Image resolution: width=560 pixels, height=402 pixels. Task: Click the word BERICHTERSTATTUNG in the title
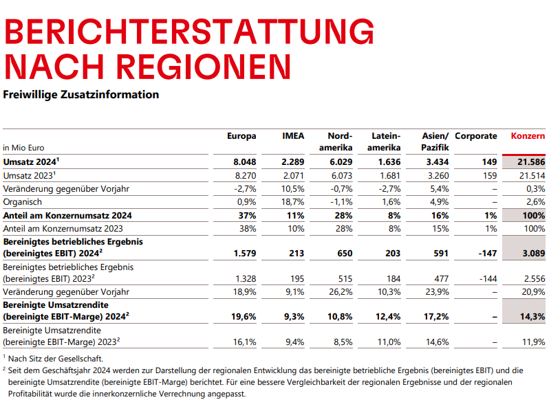coord(189,32)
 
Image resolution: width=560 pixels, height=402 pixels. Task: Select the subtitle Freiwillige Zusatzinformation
coord(81,94)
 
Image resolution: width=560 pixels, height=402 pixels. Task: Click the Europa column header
coord(241,136)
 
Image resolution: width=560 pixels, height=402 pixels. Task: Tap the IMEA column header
coord(293,136)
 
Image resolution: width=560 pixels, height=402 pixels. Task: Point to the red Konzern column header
coord(528,136)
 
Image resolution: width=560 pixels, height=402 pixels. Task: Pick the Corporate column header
coord(476,136)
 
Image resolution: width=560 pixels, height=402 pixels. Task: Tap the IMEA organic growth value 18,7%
coord(293,202)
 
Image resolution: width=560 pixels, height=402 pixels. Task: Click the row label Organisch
coord(23,202)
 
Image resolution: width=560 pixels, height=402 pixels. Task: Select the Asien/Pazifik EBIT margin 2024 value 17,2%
coord(436,317)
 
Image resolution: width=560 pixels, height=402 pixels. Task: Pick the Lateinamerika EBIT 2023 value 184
coord(392,278)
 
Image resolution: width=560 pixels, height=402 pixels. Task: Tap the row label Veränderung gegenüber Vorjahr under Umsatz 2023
coord(67,188)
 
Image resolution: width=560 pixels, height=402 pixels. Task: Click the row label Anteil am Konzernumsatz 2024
coord(67,215)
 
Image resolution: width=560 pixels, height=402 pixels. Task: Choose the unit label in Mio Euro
coord(24,148)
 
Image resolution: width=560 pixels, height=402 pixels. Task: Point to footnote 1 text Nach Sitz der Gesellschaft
coord(56,358)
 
